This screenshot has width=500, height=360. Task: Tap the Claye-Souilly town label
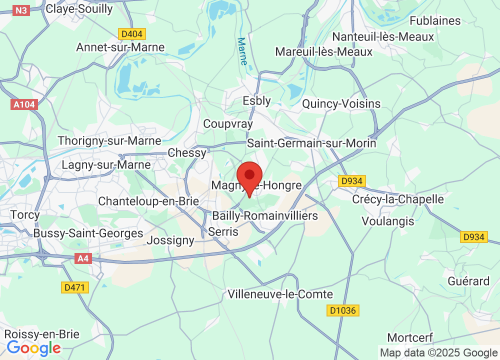pyautogui.click(x=78, y=8)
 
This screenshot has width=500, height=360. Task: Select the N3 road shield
pyautogui.click(x=21, y=10)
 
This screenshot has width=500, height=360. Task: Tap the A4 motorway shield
pyautogui.click(x=82, y=258)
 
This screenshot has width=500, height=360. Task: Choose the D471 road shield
pyautogui.click(x=75, y=287)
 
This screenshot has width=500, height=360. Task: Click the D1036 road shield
pyautogui.click(x=343, y=310)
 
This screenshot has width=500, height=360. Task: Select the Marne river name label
pyautogui.click(x=242, y=51)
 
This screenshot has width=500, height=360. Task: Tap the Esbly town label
pyautogui.click(x=256, y=100)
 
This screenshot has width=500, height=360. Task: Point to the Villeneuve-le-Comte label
pyautogui.click(x=280, y=294)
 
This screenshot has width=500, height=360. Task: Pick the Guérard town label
pyautogui.click(x=468, y=281)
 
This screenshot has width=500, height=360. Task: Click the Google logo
pyautogui.click(x=33, y=348)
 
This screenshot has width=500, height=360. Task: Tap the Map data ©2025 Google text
pyautogui.click(x=438, y=352)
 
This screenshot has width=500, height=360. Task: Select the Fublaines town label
pyautogui.click(x=435, y=20)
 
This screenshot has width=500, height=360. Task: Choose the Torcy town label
pyautogui.click(x=25, y=214)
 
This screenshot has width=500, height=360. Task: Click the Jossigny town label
pyautogui.click(x=170, y=240)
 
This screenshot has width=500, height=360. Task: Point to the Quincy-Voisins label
pyautogui.click(x=341, y=103)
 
